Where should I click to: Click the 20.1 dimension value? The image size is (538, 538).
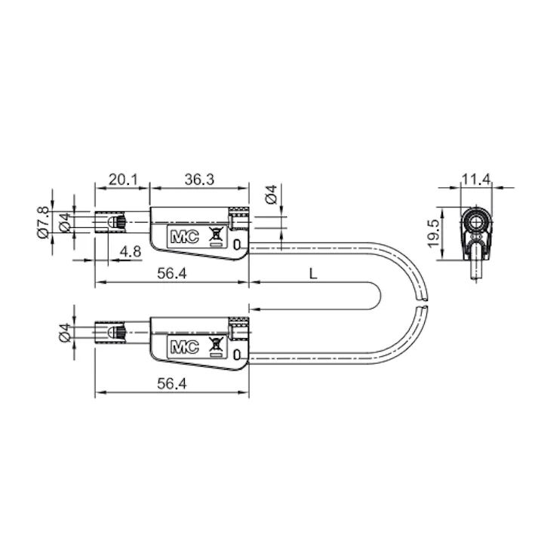[122, 180]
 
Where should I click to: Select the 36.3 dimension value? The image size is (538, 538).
[199, 180]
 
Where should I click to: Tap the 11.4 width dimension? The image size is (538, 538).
[476, 180]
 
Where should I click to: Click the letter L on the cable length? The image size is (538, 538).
[312, 274]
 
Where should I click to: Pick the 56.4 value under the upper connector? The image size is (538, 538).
[172, 274]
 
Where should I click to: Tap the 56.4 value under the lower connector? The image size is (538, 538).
[172, 384]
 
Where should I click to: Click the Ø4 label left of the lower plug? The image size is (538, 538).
[65, 333]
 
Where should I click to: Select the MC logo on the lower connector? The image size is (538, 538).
[184, 348]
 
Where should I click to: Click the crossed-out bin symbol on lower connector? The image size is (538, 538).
[215, 347]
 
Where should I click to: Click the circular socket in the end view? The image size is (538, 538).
[476, 220]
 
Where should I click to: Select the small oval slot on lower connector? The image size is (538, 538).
[238, 355]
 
